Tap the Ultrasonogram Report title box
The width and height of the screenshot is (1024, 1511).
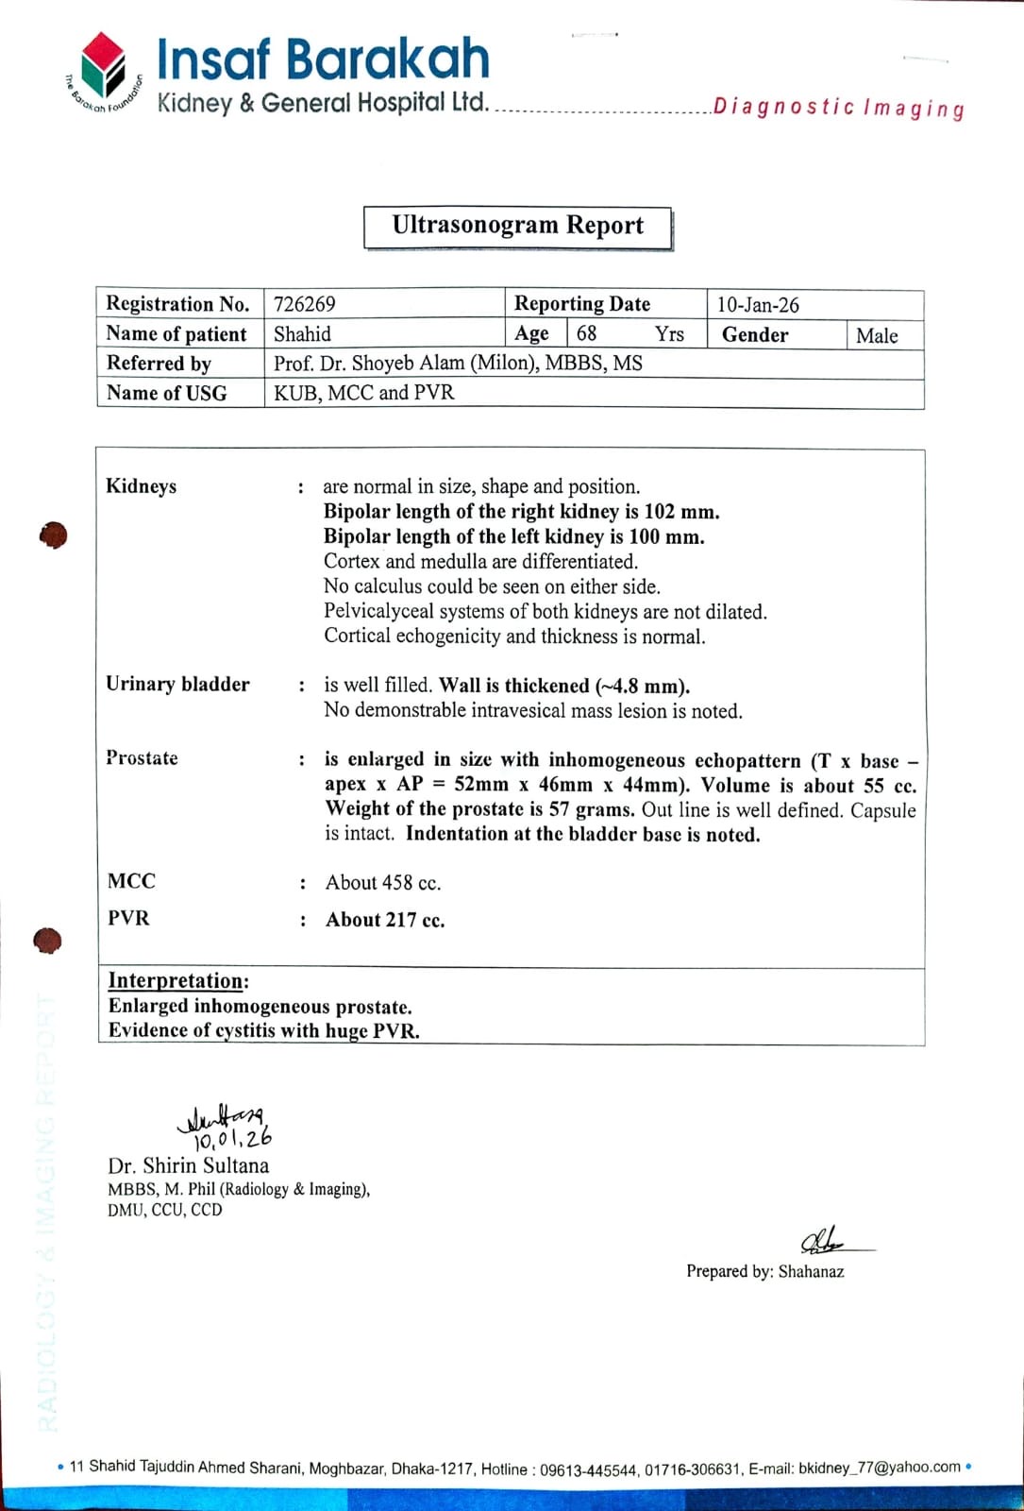517,227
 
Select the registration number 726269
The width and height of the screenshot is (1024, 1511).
304,304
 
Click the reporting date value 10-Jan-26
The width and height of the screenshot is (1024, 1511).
758,305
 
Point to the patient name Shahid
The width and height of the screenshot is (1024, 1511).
302,334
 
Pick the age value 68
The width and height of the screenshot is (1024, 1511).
586,333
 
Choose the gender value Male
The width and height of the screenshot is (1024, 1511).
877,335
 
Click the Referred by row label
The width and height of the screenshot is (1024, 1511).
159,364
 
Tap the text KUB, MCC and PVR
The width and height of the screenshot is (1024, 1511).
363,393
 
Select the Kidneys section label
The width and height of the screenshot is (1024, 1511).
142,486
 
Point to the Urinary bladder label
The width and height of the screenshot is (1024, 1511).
177,685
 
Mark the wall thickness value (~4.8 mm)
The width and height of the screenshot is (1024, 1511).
642,687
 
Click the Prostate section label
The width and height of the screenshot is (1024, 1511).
142,758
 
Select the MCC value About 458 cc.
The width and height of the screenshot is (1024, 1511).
383,883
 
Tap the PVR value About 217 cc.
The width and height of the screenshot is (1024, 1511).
385,920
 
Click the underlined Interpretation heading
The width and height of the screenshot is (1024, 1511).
178,981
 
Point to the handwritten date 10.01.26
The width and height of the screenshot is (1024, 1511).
232,1139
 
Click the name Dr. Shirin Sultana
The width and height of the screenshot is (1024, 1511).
188,1166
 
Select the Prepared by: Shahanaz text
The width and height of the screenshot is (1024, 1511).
764,1272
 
